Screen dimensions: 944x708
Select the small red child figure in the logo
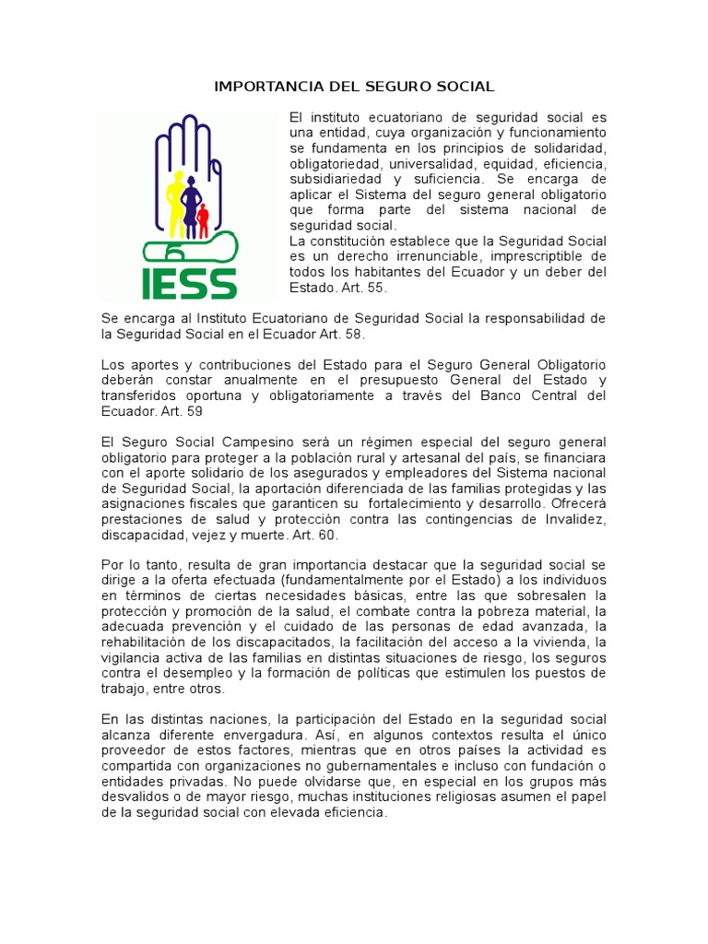(203, 219)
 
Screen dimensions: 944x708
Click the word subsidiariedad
(336, 179)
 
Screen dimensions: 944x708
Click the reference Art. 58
(318, 334)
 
